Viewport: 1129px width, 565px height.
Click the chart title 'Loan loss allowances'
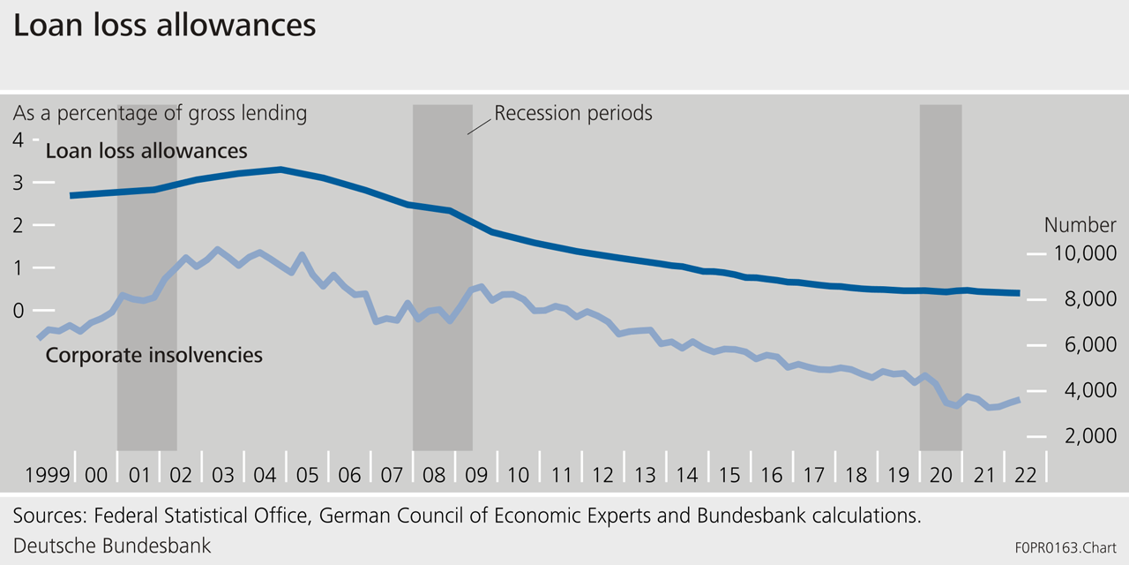coord(164,26)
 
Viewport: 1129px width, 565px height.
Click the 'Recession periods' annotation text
coord(573,113)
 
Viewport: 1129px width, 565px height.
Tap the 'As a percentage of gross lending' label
coord(160,113)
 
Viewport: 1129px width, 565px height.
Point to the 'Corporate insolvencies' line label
coord(154,356)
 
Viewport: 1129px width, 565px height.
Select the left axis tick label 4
coord(18,139)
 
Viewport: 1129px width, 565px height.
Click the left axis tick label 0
coord(18,310)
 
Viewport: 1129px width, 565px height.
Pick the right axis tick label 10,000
coord(1084,254)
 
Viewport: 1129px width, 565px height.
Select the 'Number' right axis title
coord(1080,225)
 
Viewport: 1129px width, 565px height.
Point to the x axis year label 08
coord(433,474)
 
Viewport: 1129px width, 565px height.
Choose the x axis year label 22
coord(1025,474)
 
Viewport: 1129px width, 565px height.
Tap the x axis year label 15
coord(729,474)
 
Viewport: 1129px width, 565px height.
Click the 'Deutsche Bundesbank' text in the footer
coord(112,545)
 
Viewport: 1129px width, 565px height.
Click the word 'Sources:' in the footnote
coord(49,516)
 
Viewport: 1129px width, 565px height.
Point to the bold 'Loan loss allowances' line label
coord(146,151)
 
